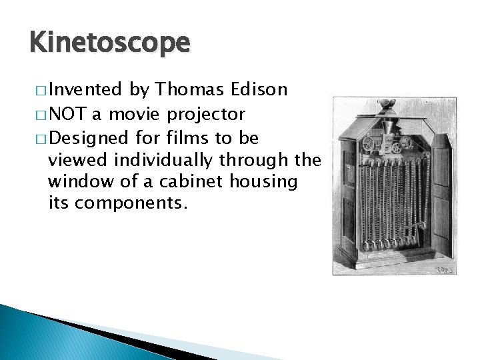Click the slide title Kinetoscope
tap(110, 42)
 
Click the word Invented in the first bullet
tap(85, 89)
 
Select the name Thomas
tap(190, 89)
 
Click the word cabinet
tap(197, 182)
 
